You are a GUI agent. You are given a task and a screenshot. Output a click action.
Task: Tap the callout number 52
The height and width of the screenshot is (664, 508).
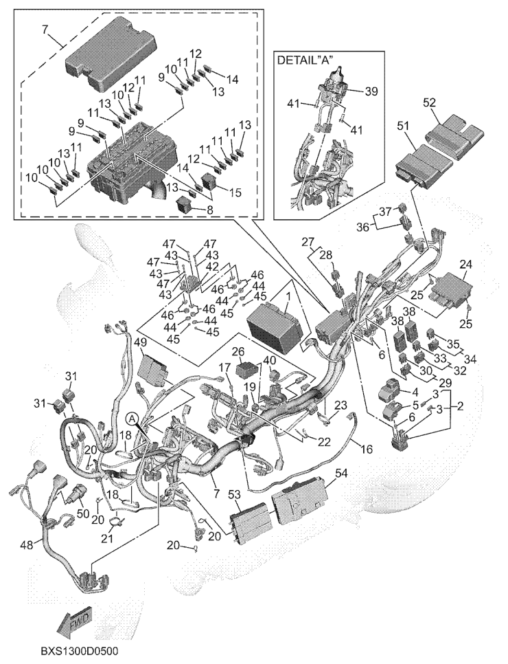coord(429,101)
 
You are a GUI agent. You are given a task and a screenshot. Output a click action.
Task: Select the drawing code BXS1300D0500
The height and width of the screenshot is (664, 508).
coord(84,650)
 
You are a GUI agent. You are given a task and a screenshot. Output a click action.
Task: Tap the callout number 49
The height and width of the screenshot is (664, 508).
coord(140,343)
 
